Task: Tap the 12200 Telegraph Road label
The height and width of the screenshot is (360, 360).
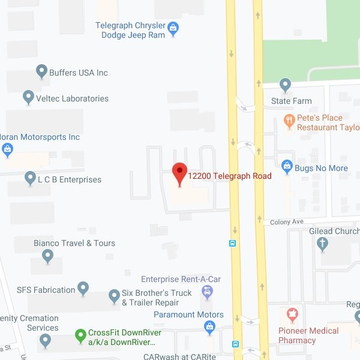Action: click(x=230, y=176)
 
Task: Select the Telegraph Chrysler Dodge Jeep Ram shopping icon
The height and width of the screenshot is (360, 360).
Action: click(x=173, y=26)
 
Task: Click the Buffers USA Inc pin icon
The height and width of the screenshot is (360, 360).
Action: click(x=41, y=71)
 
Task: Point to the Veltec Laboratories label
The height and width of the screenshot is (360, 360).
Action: click(x=72, y=98)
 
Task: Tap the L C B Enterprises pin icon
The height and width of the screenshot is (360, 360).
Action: click(x=30, y=178)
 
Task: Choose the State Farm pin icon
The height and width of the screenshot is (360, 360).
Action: click(x=286, y=85)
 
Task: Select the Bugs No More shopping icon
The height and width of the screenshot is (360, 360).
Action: click(x=287, y=166)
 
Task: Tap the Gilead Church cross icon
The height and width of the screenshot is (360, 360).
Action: click(x=323, y=244)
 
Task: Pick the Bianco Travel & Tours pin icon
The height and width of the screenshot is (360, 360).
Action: click(x=48, y=256)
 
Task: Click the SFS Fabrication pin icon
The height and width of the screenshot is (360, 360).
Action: click(x=83, y=289)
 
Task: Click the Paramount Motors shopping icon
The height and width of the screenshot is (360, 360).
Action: click(x=209, y=327)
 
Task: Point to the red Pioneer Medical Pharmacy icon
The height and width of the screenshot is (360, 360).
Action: click(x=292, y=314)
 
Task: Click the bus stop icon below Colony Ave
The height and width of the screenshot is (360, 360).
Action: click(x=233, y=244)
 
